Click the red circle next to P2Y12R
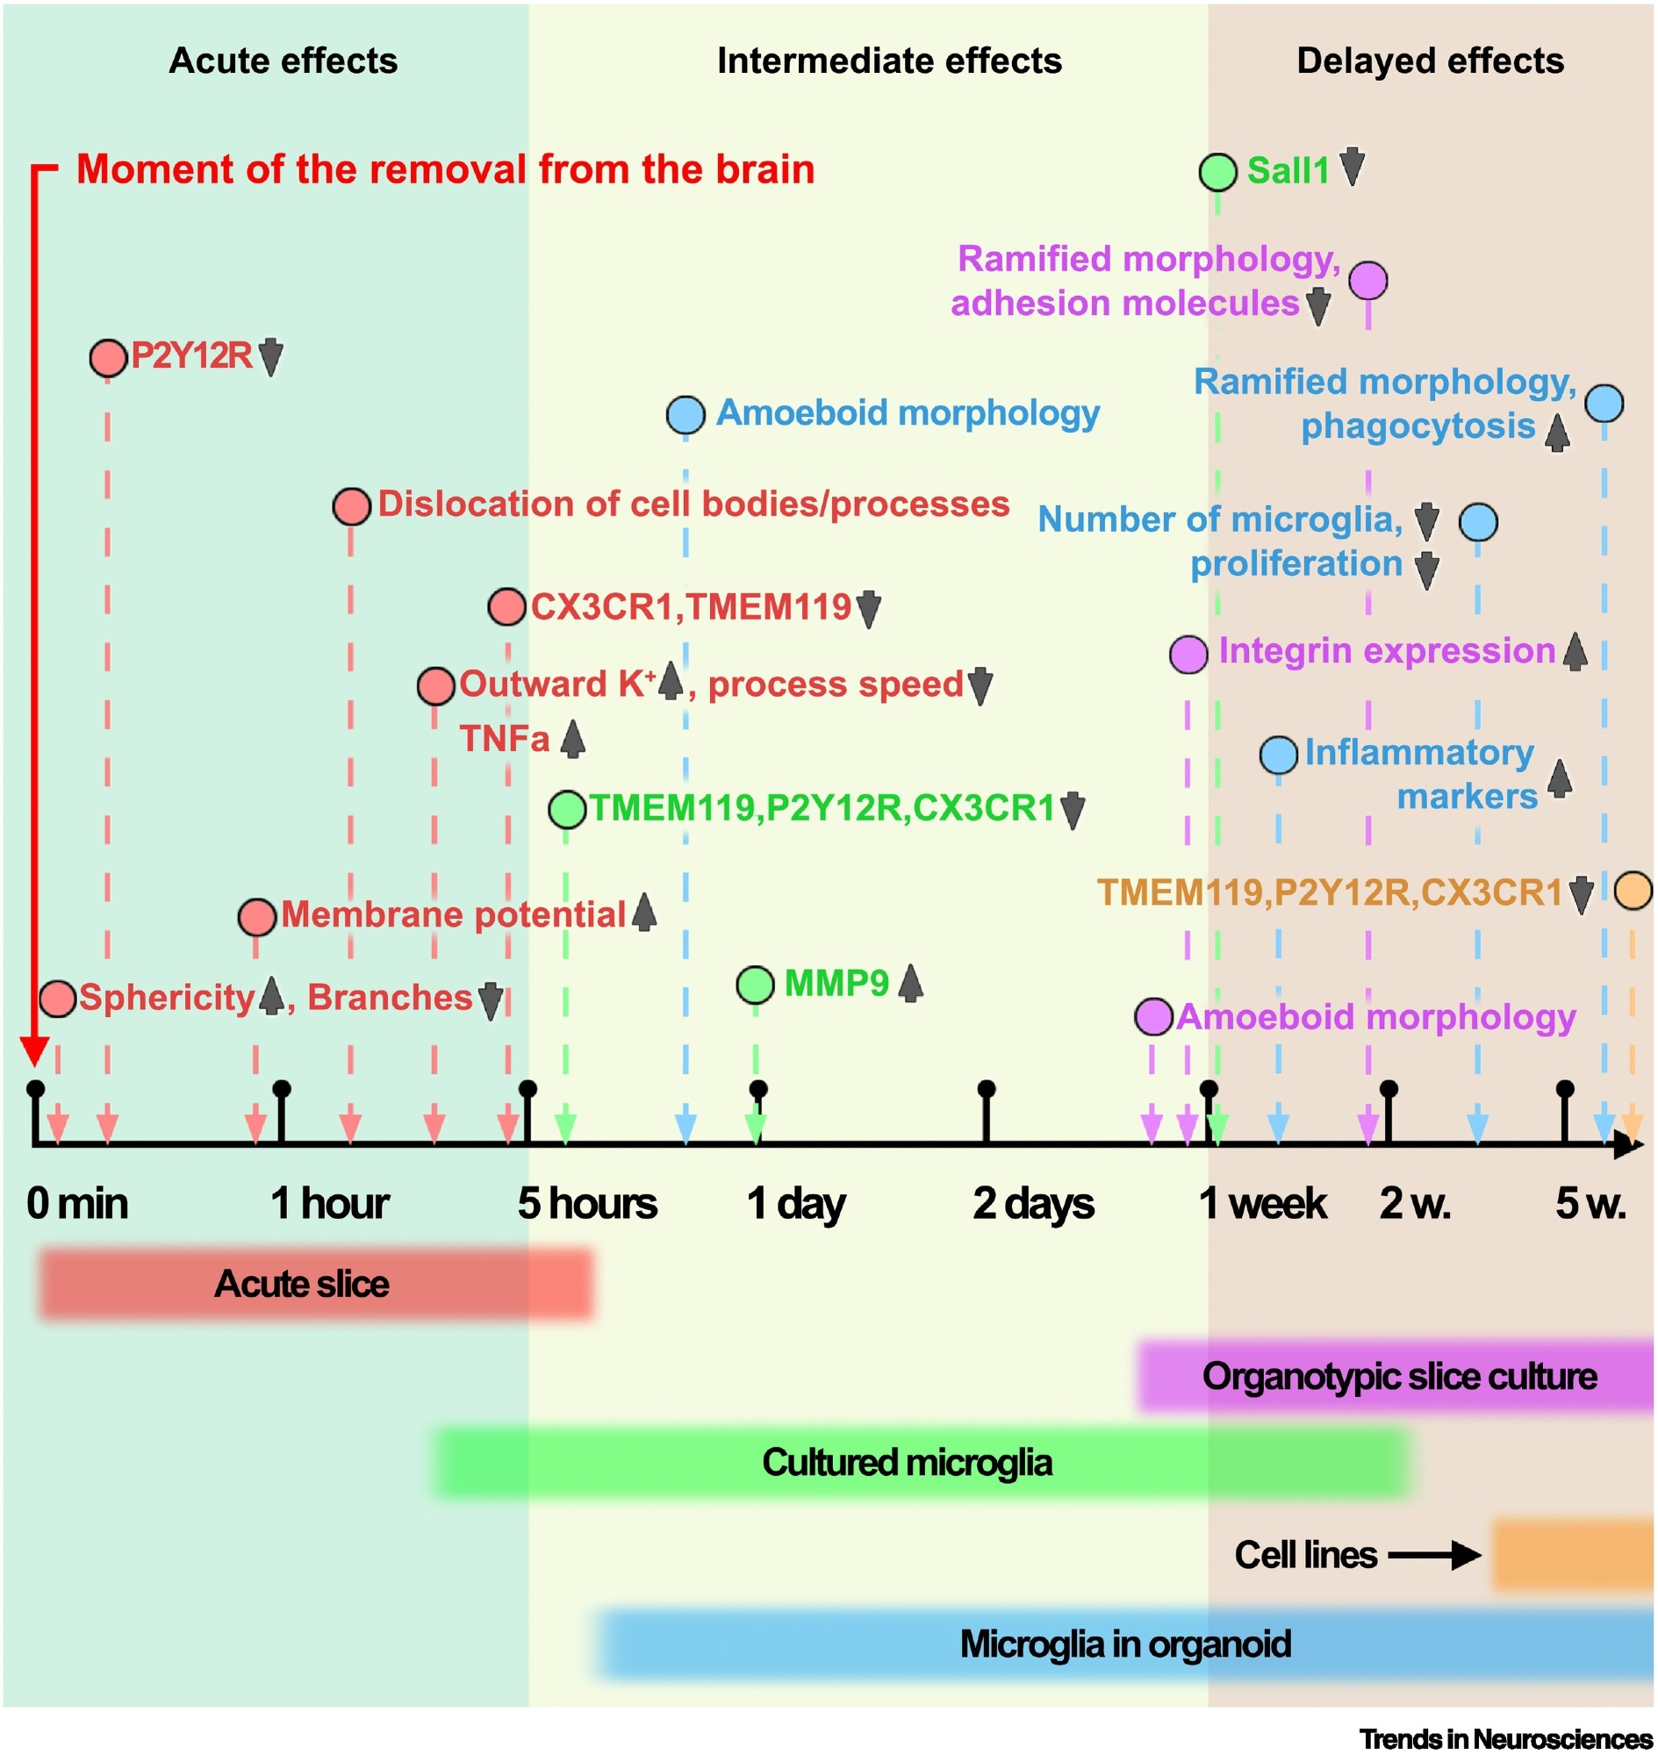[x=108, y=358]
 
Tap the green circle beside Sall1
[x=1218, y=171]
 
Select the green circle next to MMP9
[x=755, y=985]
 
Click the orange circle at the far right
[x=1633, y=891]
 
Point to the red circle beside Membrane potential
[x=256, y=917]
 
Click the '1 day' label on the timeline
[x=795, y=1204]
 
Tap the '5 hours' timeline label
[x=587, y=1204]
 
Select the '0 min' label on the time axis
[x=78, y=1204]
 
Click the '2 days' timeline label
[x=1033, y=1204]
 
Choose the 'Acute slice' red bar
[x=315, y=1284]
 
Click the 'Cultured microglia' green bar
[x=919, y=1463]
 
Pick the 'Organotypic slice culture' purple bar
[x=1396, y=1376]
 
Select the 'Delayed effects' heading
[x=1430, y=61]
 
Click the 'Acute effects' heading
[x=283, y=61]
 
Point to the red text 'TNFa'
[x=505, y=739]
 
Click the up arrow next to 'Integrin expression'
[x=1575, y=652]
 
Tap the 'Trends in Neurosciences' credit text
[x=1505, y=1738]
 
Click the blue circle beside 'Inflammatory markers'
[x=1278, y=755]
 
